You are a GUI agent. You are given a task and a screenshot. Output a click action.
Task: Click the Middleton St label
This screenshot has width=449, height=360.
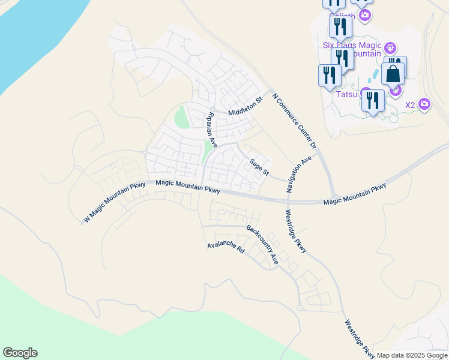(x=246, y=107)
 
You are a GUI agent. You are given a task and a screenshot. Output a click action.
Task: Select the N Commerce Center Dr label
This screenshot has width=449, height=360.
(x=294, y=121)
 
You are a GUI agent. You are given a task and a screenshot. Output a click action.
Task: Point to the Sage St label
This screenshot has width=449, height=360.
(x=259, y=166)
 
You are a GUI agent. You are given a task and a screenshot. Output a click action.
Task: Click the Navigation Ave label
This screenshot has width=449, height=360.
(x=299, y=174)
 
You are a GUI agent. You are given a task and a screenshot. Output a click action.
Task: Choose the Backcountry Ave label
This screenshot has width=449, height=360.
(x=262, y=244)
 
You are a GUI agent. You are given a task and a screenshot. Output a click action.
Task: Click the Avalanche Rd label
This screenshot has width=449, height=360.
(x=226, y=246)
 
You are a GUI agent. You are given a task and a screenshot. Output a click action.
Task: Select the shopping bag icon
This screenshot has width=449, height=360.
(x=393, y=74)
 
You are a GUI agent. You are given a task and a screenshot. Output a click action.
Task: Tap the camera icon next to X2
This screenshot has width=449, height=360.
(x=424, y=104)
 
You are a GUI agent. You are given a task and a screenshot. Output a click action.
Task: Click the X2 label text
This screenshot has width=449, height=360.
(x=410, y=105)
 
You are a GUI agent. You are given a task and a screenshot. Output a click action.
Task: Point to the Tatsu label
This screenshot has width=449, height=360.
(x=346, y=94)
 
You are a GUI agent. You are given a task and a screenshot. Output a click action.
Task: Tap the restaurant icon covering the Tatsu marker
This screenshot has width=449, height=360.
(x=373, y=100)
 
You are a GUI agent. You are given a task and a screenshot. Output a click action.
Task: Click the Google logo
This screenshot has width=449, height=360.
(x=20, y=353)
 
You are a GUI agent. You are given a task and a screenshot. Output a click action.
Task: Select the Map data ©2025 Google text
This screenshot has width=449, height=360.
(x=411, y=355)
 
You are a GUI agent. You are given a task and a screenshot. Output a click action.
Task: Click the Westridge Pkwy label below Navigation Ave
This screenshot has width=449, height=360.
(x=296, y=230)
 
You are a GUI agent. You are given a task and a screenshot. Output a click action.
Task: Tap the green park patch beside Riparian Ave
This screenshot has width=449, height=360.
(x=182, y=116)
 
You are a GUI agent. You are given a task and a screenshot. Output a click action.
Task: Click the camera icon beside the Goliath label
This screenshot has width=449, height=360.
(x=364, y=14)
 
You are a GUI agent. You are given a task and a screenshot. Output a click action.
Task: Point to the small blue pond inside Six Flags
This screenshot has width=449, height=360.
(x=375, y=75)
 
